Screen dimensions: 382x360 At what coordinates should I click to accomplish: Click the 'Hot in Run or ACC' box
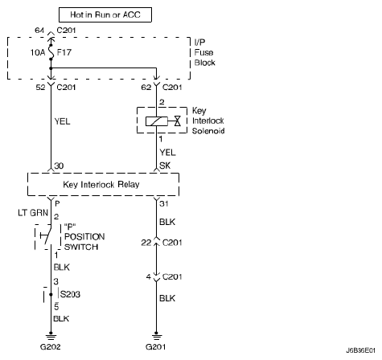pyautogui.click(x=105, y=14)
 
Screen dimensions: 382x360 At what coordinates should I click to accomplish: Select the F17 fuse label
pyautogui.click(x=64, y=52)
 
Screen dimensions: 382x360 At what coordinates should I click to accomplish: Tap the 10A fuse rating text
pyautogui.click(x=38, y=52)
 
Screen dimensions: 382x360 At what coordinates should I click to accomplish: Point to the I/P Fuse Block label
pyautogui.click(x=204, y=52)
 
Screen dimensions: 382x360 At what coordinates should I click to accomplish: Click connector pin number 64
pyautogui.click(x=39, y=31)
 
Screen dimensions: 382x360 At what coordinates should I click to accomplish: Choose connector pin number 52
pyautogui.click(x=40, y=88)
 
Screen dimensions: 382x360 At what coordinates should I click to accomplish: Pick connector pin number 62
pyautogui.click(x=146, y=88)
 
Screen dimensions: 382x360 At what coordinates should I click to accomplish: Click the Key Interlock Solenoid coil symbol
pyautogui.click(x=157, y=121)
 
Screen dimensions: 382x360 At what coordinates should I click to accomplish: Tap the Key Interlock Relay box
pyautogui.click(x=103, y=184)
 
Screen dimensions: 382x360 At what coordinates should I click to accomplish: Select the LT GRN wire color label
pyautogui.click(x=33, y=213)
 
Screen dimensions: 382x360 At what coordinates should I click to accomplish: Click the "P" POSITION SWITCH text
pyautogui.click(x=84, y=237)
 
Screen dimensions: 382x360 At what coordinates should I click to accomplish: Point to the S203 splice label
pyautogui.click(x=70, y=294)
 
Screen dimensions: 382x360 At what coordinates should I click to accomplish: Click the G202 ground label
pyautogui.click(x=51, y=347)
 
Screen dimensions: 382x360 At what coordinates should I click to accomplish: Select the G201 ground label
pyautogui.click(x=156, y=347)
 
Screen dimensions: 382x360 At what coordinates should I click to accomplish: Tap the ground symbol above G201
pyautogui.click(x=156, y=337)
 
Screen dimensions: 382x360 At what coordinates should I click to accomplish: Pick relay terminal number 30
pyautogui.click(x=59, y=166)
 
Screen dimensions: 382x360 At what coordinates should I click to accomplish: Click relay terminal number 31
pyautogui.click(x=164, y=204)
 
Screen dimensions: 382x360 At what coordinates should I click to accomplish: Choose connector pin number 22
pyautogui.click(x=146, y=243)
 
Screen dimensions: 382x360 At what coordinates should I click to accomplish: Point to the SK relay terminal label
pyautogui.click(x=165, y=166)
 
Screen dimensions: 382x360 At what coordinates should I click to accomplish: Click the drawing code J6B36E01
pyautogui.click(x=360, y=350)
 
